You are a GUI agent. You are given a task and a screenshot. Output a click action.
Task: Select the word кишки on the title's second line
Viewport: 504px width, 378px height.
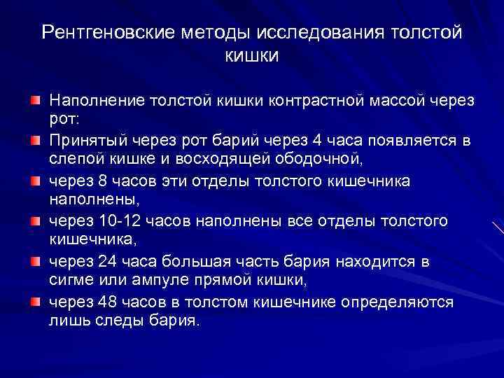point(252,55)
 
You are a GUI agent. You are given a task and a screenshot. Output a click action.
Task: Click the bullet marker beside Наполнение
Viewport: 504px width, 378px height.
point(34,101)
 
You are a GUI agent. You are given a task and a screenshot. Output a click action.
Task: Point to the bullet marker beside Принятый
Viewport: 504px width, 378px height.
point(34,141)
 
